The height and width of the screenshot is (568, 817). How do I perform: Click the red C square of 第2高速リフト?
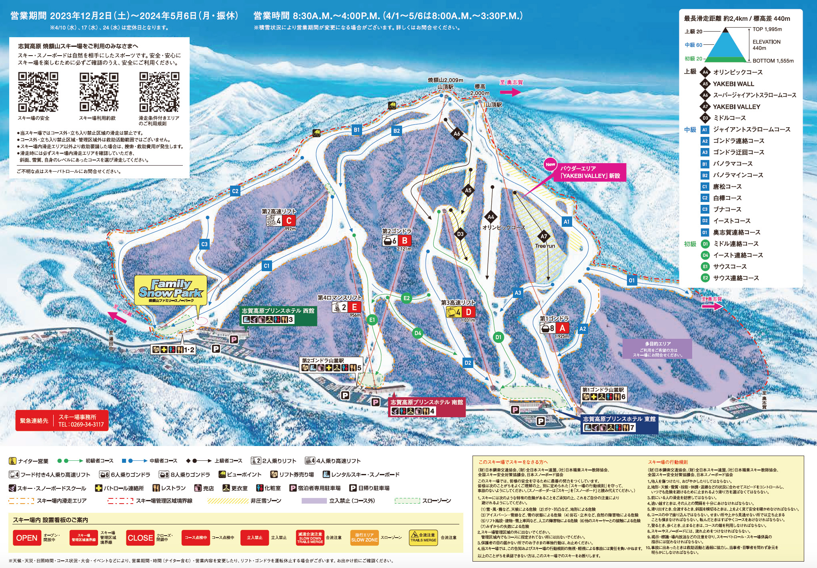click(289, 221)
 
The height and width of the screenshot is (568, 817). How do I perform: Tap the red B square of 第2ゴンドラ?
click(404, 241)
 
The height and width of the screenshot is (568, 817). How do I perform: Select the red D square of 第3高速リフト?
click(468, 312)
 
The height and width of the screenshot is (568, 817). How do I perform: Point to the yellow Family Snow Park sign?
click(171, 290)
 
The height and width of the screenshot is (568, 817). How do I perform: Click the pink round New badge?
click(551, 164)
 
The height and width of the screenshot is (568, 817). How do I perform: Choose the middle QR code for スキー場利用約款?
click(99, 92)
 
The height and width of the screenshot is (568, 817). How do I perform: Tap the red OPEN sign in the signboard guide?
click(27, 538)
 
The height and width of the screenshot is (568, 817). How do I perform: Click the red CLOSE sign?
click(140, 538)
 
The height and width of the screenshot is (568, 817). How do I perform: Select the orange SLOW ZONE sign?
click(364, 538)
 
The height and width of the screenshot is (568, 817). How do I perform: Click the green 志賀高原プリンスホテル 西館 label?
click(278, 311)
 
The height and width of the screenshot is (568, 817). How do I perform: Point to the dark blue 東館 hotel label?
click(619, 419)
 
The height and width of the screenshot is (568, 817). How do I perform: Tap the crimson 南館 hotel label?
click(427, 402)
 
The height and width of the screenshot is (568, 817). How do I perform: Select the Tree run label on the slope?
click(545, 246)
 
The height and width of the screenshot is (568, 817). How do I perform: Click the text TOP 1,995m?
click(767, 29)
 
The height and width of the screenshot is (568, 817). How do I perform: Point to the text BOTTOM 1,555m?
click(773, 61)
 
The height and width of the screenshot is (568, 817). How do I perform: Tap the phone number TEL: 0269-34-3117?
click(81, 424)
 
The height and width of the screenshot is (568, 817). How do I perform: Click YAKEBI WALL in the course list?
click(733, 84)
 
